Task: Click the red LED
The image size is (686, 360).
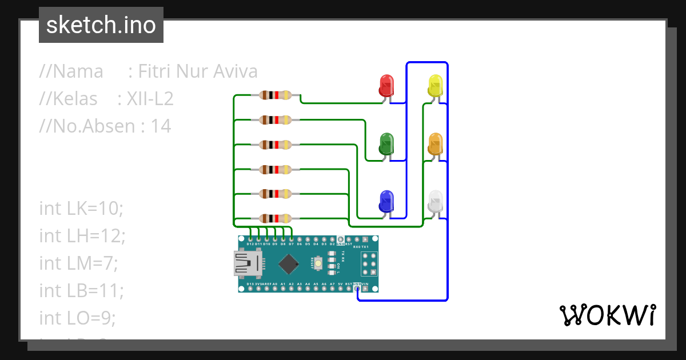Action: pyautogui.click(x=387, y=86)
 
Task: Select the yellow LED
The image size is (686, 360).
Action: pyautogui.click(x=435, y=86)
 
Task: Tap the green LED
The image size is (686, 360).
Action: pyautogui.click(x=387, y=144)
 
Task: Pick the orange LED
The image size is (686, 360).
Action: pyautogui.click(x=435, y=144)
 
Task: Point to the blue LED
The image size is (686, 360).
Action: pyautogui.click(x=387, y=202)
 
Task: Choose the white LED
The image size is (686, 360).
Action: pyautogui.click(x=436, y=202)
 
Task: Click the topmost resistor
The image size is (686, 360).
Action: pyautogui.click(x=276, y=95)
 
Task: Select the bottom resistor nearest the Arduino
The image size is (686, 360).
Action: pyautogui.click(x=276, y=218)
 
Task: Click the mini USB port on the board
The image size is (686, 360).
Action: pyautogui.click(x=247, y=264)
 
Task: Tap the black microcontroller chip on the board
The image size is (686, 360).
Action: pyautogui.click(x=289, y=264)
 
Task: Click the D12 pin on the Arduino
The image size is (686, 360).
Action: pyautogui.click(x=250, y=239)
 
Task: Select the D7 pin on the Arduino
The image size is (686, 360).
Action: pyautogui.click(x=291, y=239)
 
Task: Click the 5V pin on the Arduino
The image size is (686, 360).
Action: pyautogui.click(x=340, y=289)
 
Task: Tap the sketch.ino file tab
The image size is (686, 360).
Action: pyautogui.click(x=101, y=25)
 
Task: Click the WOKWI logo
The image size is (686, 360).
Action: pyautogui.click(x=607, y=315)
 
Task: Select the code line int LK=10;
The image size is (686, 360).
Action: pyautogui.click(x=81, y=208)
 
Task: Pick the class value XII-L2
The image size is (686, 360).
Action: pyautogui.click(x=145, y=99)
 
